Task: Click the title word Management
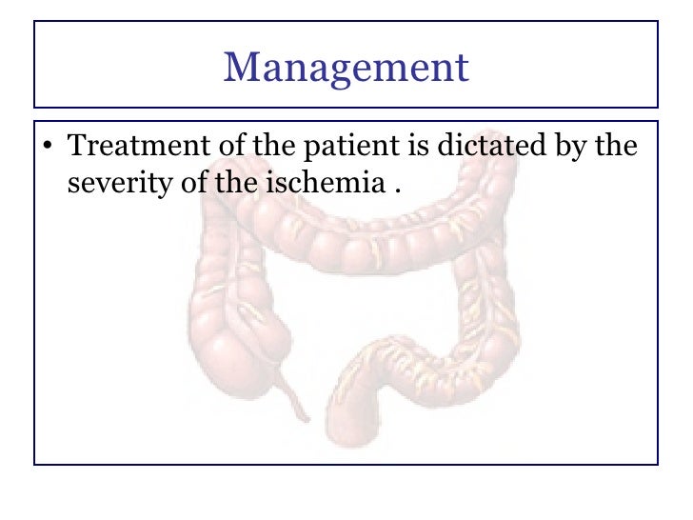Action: [346, 68]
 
